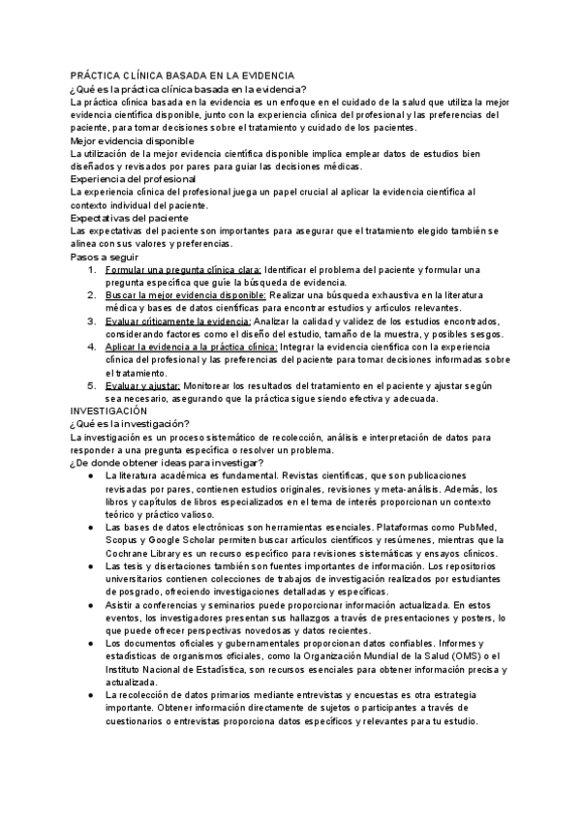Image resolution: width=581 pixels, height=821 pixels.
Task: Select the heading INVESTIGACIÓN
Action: click(x=109, y=410)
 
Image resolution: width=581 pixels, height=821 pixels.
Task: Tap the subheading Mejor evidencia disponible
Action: click(x=132, y=140)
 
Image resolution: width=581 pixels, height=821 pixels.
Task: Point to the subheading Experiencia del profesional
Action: click(x=134, y=179)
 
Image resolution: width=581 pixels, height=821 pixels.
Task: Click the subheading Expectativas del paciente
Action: click(x=130, y=218)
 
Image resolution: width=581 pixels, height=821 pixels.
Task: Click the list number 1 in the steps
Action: click(x=91, y=269)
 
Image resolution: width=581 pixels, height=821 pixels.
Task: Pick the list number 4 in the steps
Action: click(x=91, y=347)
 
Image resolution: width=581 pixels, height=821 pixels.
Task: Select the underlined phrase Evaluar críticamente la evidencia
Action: click(x=178, y=320)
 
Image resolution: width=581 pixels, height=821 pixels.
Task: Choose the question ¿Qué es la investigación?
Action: click(x=130, y=423)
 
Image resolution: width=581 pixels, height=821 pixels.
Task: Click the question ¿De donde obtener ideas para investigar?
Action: click(x=167, y=462)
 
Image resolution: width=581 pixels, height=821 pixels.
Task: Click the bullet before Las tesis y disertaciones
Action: click(x=90, y=565)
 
